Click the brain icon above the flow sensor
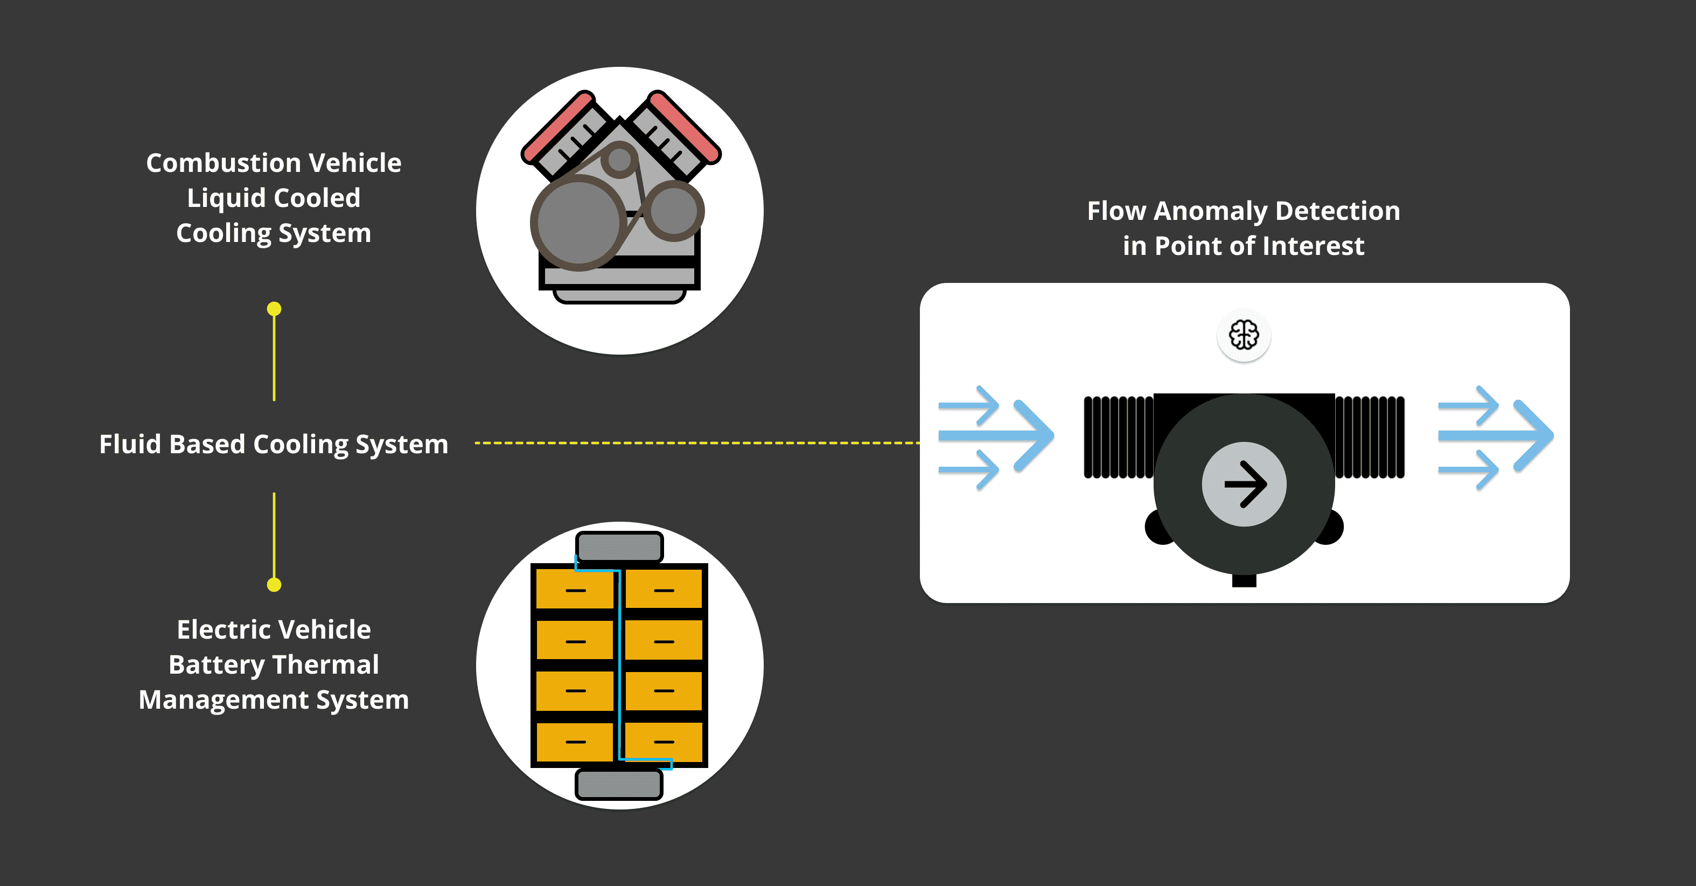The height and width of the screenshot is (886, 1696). tap(1244, 335)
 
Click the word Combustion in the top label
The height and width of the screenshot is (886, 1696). tap(222, 163)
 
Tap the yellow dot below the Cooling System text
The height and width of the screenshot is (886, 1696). tap(274, 309)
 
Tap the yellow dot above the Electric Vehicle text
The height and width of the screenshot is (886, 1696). tap(274, 584)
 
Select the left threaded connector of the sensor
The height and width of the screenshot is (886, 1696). tap(1118, 436)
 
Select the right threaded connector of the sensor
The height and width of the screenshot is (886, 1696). tap(1370, 436)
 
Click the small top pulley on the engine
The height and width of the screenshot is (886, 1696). tap(619, 159)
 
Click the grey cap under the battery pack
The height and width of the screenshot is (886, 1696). tap(619, 784)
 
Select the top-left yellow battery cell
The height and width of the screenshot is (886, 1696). tap(574, 589)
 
